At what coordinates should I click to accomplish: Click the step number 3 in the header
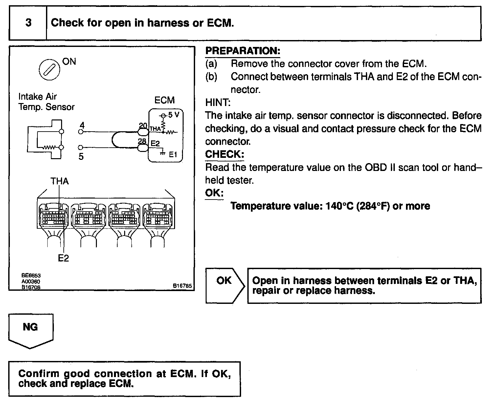(x=28, y=23)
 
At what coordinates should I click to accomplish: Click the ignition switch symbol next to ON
(x=49, y=70)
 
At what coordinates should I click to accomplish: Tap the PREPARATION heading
(x=243, y=51)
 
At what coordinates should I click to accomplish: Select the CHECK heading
(x=225, y=154)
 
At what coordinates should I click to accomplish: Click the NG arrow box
(x=31, y=330)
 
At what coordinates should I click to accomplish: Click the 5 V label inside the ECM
(x=173, y=115)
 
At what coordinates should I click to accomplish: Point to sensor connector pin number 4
(x=82, y=125)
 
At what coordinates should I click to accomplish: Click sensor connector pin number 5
(x=81, y=157)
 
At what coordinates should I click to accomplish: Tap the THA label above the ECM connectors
(x=59, y=181)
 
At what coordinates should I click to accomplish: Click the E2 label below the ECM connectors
(x=63, y=259)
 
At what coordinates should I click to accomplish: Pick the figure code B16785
(x=182, y=286)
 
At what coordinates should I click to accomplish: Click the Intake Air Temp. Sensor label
(x=46, y=102)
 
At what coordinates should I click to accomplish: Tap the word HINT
(x=218, y=103)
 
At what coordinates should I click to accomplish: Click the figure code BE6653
(x=31, y=276)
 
